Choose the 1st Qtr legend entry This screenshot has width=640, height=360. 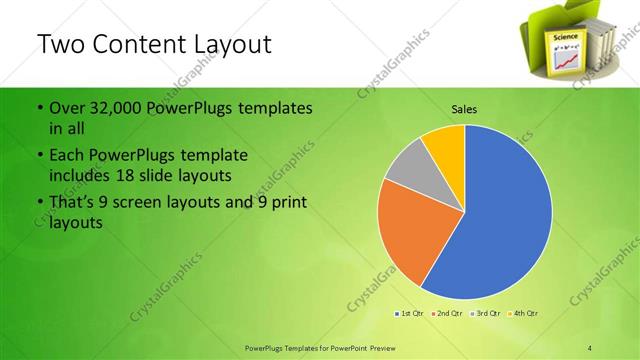pyautogui.click(x=410, y=314)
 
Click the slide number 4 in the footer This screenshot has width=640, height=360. pyautogui.click(x=590, y=346)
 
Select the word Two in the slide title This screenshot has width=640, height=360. pyautogui.click(x=58, y=45)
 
